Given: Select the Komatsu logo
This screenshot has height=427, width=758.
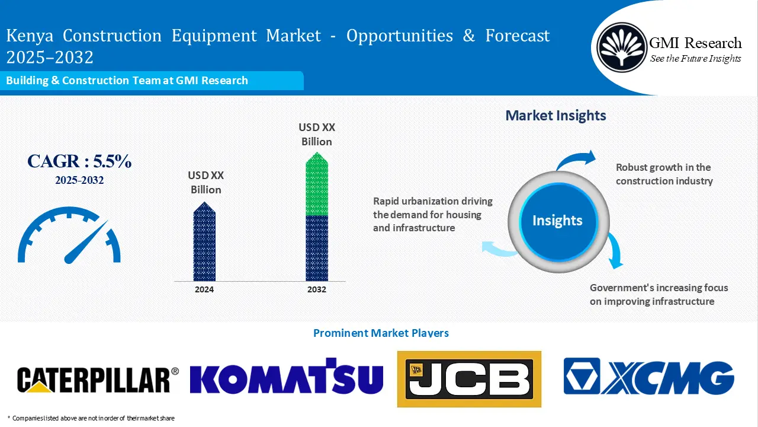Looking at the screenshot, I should click(x=287, y=377).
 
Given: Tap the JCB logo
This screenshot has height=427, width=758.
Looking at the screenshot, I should click(x=469, y=379).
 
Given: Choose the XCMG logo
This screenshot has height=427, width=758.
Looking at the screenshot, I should click(x=648, y=377).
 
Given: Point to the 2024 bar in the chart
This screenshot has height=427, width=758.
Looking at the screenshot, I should click(x=204, y=243).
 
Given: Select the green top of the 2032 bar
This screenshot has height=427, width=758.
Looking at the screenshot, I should click(x=317, y=185).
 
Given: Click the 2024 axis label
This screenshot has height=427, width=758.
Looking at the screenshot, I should click(x=204, y=289).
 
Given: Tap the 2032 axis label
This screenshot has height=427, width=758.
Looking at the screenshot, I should click(x=317, y=289).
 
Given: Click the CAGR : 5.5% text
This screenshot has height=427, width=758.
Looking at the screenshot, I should click(x=79, y=161).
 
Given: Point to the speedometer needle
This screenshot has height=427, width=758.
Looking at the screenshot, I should click(x=86, y=243).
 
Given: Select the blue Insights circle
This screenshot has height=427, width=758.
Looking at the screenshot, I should click(x=557, y=221).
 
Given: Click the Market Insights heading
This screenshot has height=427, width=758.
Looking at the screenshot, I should click(x=555, y=116).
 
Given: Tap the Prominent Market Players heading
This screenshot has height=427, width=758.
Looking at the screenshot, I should click(x=381, y=333).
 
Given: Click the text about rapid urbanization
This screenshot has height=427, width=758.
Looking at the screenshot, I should click(x=432, y=214).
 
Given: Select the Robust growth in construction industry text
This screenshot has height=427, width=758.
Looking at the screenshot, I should click(x=664, y=174).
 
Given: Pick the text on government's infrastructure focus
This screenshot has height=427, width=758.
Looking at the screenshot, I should click(x=659, y=294).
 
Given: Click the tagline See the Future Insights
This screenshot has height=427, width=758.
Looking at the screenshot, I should click(x=695, y=58).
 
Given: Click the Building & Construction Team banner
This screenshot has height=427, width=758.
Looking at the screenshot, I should click(x=127, y=81).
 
